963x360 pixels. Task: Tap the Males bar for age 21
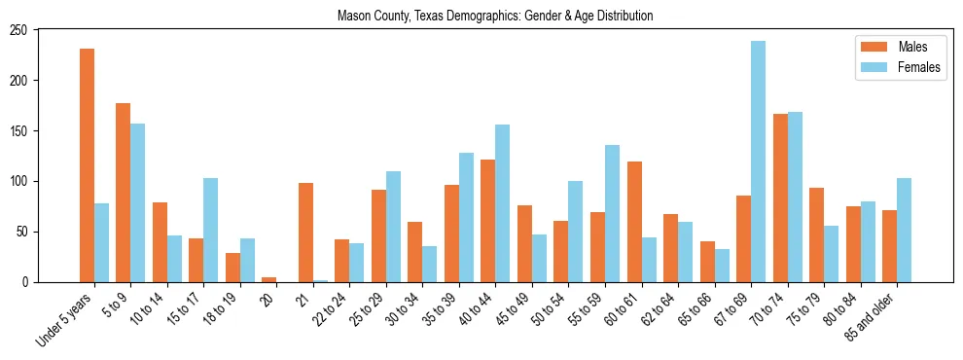305,233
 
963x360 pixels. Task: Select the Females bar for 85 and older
905,230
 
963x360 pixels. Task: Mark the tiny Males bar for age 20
269,279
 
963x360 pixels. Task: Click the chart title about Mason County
494,17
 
